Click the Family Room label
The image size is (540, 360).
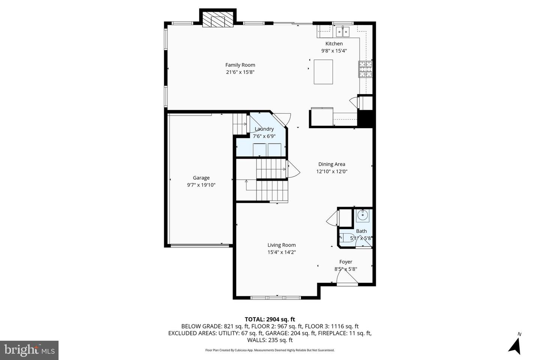click(x=240, y=65)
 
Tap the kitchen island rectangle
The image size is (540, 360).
click(x=323, y=72)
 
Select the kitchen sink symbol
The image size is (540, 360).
click(x=343, y=32)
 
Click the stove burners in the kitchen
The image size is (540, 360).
click(x=366, y=69)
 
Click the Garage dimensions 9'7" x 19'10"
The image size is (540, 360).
click(x=201, y=185)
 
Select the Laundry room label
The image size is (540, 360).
click(x=264, y=129)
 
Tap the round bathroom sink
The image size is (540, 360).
click(x=362, y=216)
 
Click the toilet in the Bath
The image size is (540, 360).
click(x=346, y=237)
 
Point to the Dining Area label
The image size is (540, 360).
click(x=331, y=164)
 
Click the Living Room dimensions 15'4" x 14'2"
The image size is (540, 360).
click(x=281, y=252)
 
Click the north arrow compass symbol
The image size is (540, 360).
click(x=515, y=345)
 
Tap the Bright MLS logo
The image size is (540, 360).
click(x=29, y=350)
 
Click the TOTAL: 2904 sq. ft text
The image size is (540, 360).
click(x=270, y=319)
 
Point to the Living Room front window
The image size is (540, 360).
click(x=276, y=298)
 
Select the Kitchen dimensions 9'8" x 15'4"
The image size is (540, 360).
click(x=334, y=51)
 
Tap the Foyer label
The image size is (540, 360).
click(x=345, y=262)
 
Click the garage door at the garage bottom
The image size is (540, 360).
click(x=199, y=246)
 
